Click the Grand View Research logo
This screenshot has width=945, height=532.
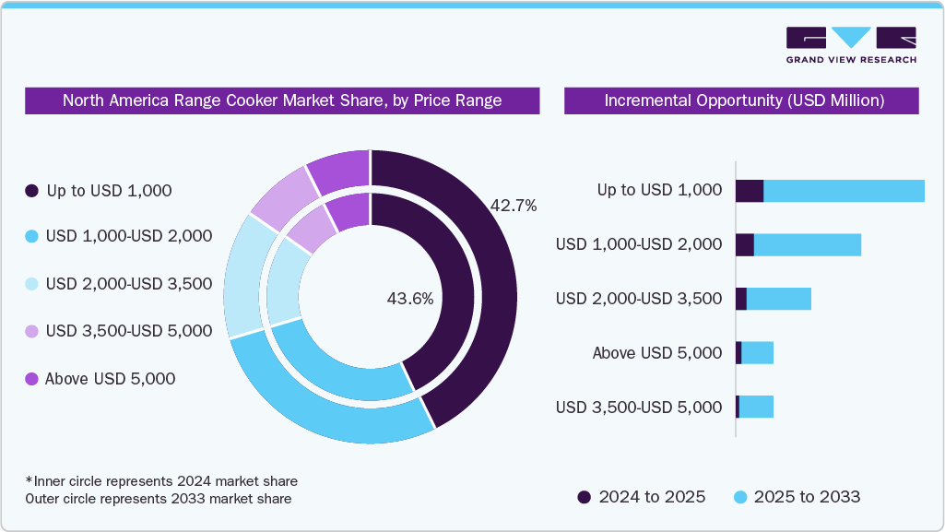coord(851,45)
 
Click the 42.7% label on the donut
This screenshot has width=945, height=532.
coord(514,206)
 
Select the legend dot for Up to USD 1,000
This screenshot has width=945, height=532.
coord(31,191)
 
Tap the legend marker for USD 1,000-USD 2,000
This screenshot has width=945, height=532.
coord(31,236)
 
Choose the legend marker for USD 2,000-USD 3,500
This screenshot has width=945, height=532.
coord(31,283)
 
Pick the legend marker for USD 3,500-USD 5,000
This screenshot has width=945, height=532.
coord(31,331)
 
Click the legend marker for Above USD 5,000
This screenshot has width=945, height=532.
coord(31,379)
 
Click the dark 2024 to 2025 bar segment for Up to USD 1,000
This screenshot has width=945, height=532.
coord(750,191)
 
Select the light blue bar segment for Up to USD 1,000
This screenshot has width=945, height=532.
coord(844,191)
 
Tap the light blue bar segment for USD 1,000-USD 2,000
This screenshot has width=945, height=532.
coord(807,244)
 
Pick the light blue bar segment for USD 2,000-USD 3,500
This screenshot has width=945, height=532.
coord(778,299)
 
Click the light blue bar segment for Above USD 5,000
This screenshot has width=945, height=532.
coord(757,352)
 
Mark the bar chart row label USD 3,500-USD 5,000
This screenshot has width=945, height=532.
coord(639,407)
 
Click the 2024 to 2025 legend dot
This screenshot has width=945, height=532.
coord(585,497)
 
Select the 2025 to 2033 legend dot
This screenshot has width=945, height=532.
coord(739,497)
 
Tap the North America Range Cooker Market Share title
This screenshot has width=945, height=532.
coord(282,100)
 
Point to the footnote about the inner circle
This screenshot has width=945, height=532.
coord(161,481)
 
